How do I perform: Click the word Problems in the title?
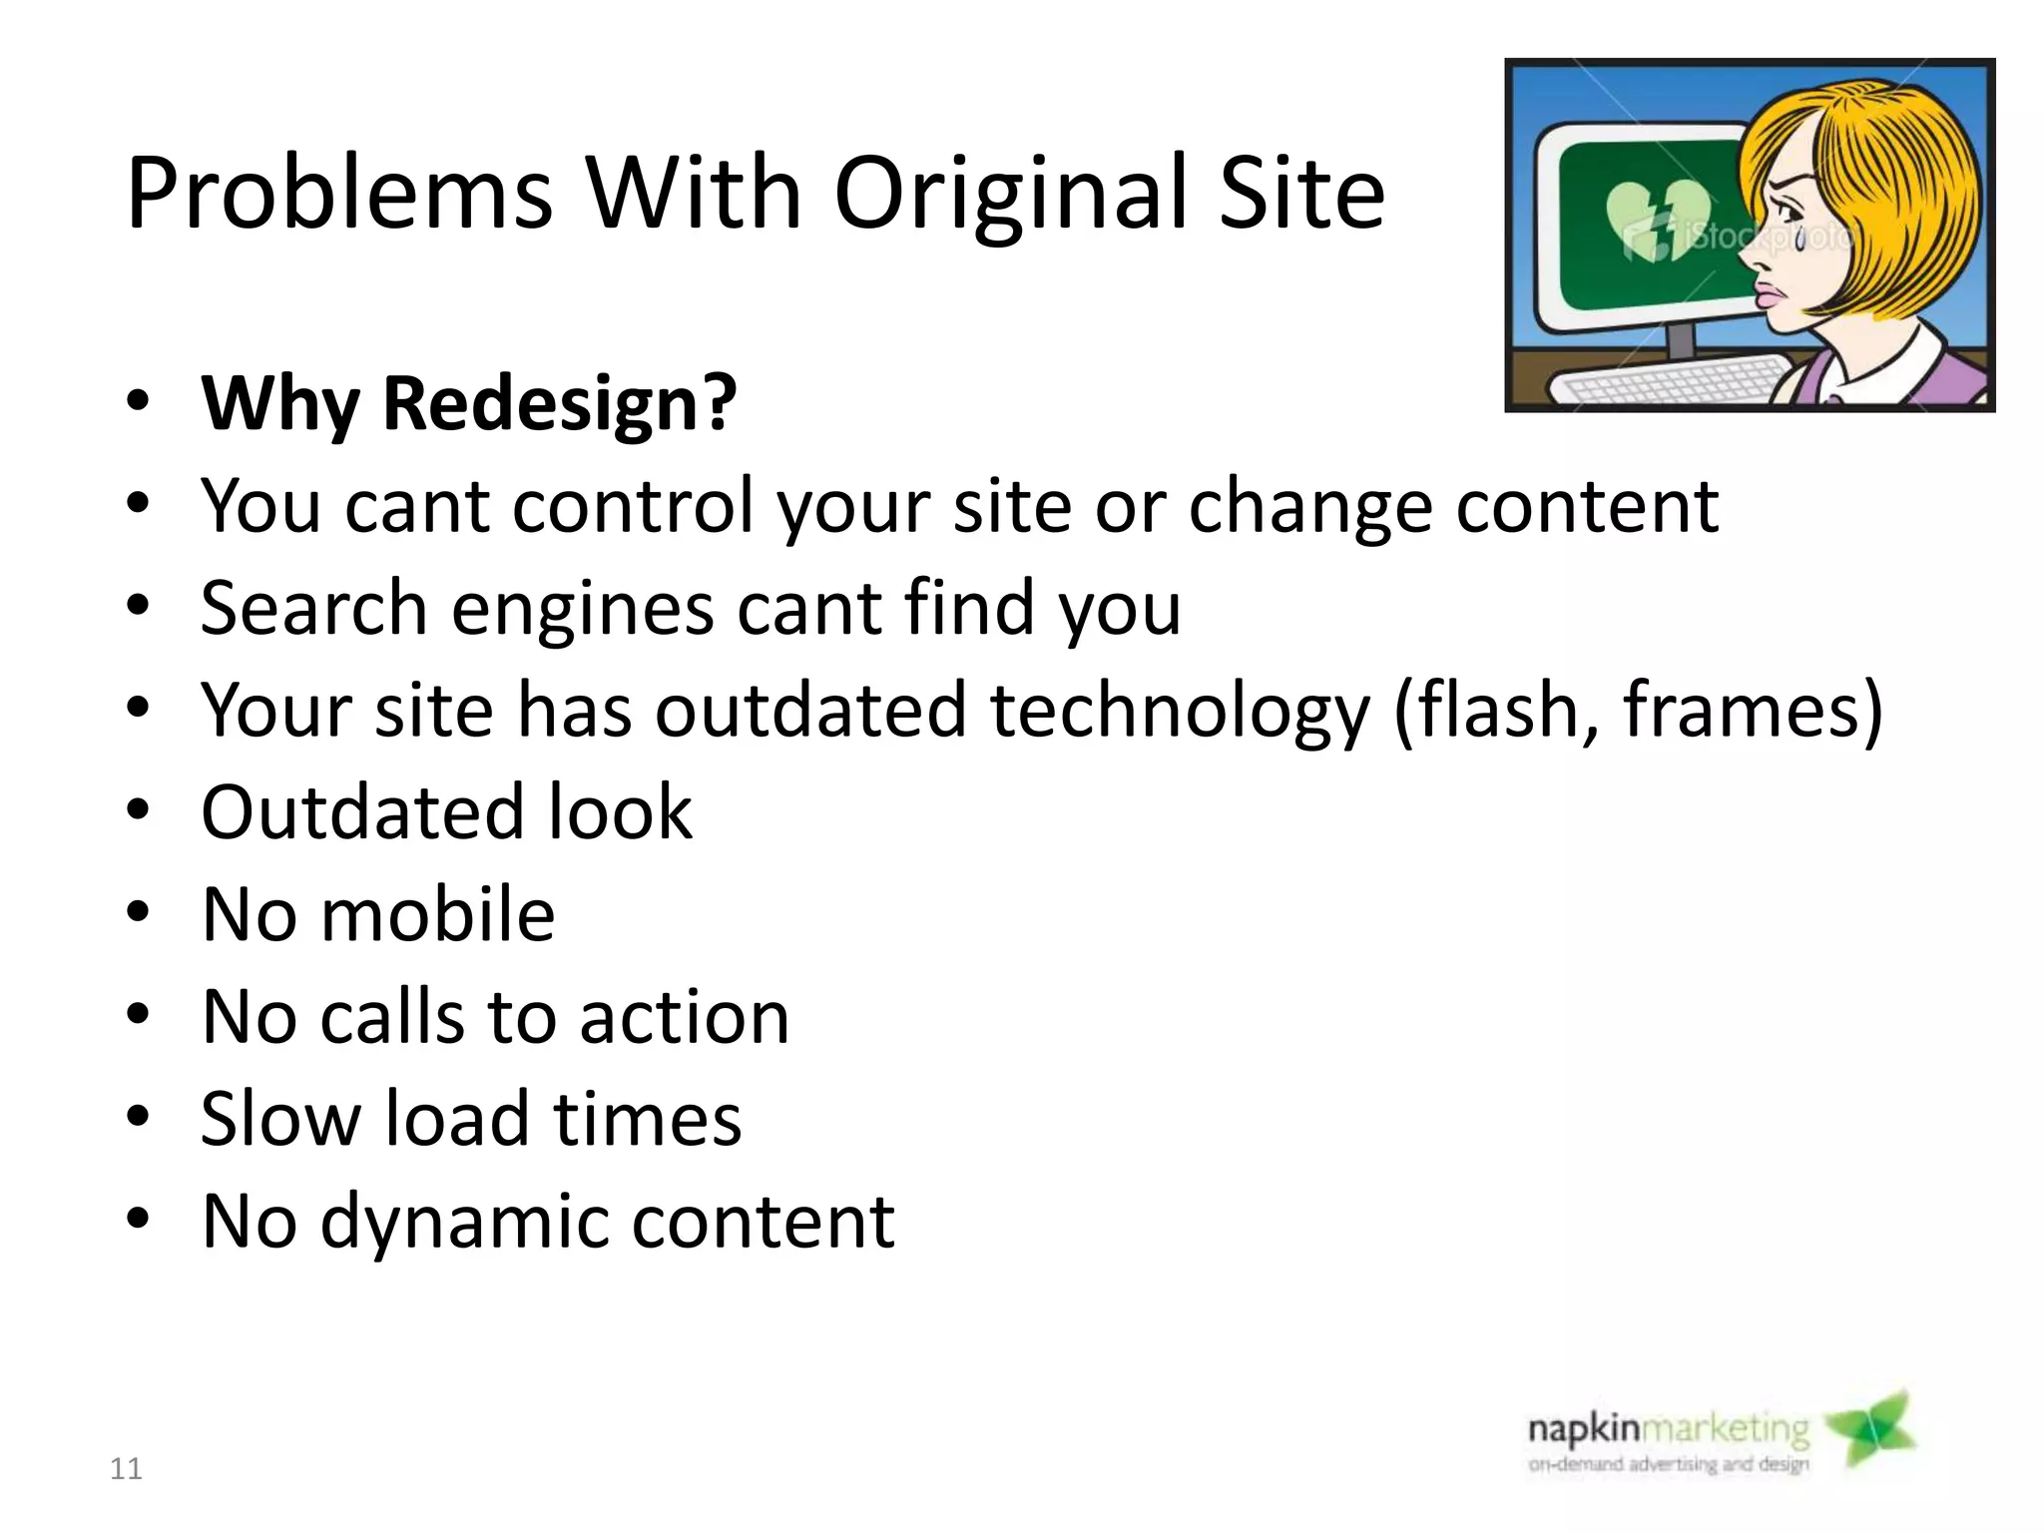339,195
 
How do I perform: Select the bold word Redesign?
559,404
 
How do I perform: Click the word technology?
1180,711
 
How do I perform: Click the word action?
685,1017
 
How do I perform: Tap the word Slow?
279,1119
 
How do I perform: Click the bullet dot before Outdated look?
138,809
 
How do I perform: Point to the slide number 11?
126,1469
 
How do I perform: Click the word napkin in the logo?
1583,1430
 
